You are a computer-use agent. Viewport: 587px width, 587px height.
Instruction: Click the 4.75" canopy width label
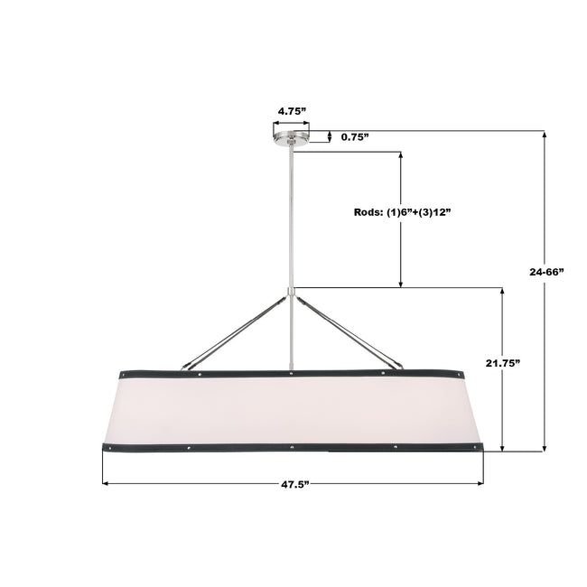click(292, 111)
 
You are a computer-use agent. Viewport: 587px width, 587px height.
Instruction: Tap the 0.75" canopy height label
click(355, 137)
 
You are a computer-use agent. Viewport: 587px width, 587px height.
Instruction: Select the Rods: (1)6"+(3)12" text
click(402, 212)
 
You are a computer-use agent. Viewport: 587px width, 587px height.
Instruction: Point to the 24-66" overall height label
click(546, 272)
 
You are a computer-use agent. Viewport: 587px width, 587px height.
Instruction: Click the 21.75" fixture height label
click(503, 363)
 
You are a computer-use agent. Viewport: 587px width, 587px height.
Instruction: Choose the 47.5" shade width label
click(295, 484)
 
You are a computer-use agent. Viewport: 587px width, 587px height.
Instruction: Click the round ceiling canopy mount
click(292, 138)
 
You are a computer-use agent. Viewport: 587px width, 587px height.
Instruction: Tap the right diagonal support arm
click(349, 331)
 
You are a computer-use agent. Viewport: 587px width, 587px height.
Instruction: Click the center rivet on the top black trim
click(292, 373)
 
